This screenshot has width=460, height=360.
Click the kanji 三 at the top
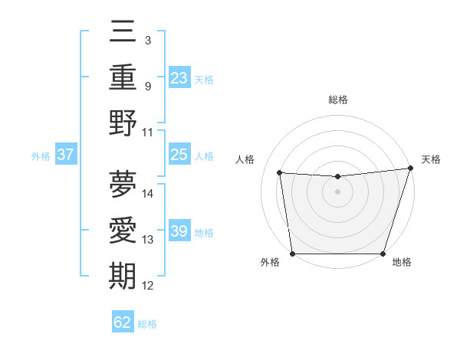click(123, 33)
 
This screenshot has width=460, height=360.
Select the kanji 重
click(123, 78)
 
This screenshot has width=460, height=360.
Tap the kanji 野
click(123, 123)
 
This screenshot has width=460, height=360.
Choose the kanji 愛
click(123, 231)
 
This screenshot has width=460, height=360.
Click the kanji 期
click(123, 276)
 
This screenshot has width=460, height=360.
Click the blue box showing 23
click(179, 78)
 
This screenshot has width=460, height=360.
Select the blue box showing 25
click(179, 155)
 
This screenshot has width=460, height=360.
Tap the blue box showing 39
click(179, 231)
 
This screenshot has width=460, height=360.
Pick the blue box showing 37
click(66, 155)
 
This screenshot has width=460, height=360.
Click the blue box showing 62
click(123, 322)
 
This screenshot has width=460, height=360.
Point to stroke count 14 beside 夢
click(149, 194)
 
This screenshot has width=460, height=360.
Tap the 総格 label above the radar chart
click(338, 100)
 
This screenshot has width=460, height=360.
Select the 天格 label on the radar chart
click(431, 159)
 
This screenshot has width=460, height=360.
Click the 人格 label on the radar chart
click(245, 159)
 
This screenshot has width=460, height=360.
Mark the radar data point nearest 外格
click(292, 254)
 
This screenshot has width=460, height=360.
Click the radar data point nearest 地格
click(383, 254)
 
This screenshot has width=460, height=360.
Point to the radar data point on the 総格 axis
click(338, 177)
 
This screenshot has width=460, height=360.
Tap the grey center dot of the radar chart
click(338, 191)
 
